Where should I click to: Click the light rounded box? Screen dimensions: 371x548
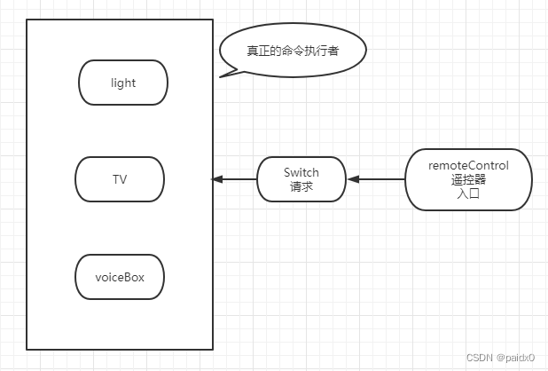123,83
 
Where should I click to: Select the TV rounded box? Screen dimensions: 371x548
120,179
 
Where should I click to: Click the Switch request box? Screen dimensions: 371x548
301,179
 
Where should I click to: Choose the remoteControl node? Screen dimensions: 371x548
468,179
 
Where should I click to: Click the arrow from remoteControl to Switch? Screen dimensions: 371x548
376,179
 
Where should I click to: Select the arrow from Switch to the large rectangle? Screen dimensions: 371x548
235,179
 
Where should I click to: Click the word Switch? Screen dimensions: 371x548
301,172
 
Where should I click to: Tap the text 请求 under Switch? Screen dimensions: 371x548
301,187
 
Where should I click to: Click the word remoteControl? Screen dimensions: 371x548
468,165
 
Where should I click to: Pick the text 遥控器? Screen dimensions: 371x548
468,179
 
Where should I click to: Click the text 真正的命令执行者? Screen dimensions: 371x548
292,50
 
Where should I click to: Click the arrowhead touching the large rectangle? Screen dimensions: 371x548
216,179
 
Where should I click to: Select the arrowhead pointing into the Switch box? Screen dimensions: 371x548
352,179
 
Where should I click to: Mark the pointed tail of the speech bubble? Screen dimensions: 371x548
222,75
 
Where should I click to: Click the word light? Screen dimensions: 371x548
123,83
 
